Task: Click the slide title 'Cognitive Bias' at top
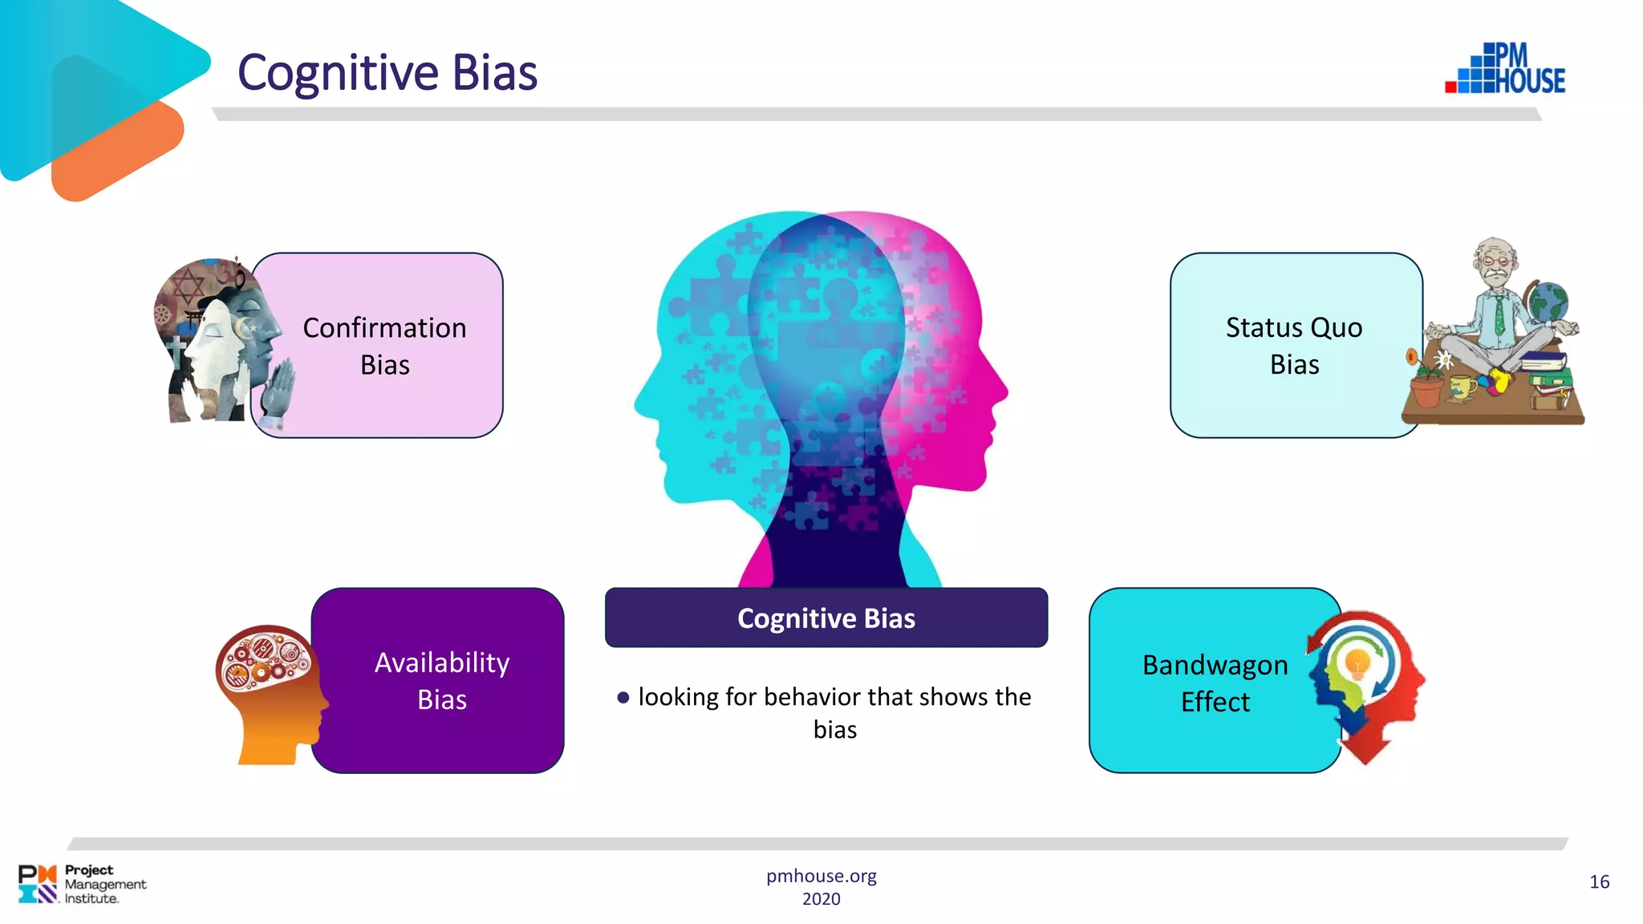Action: tap(387, 72)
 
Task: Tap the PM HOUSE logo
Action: tap(1506, 69)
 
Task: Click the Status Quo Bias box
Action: tap(1293, 346)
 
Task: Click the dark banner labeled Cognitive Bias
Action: tap(826, 618)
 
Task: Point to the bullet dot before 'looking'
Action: tap(623, 698)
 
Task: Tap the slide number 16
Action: tap(1599, 881)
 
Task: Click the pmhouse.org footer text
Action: tap(821, 876)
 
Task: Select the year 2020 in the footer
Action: tap(821, 899)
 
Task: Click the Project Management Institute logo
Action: tap(81, 884)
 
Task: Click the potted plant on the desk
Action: tap(1427, 385)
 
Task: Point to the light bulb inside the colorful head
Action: tap(1357, 663)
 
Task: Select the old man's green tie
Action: tap(1499, 317)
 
